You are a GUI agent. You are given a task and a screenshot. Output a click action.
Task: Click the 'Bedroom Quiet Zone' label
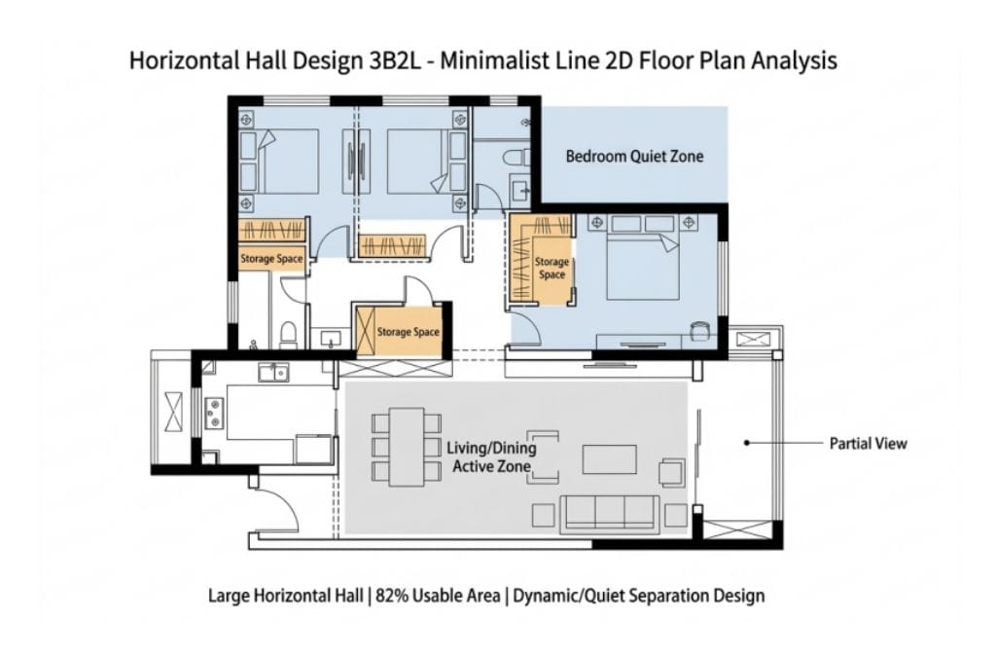click(634, 157)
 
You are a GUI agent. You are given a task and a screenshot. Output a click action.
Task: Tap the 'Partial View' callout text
click(868, 444)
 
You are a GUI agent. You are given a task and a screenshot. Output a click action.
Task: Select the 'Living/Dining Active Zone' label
click(491, 456)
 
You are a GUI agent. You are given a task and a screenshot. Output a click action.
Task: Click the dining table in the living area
click(407, 447)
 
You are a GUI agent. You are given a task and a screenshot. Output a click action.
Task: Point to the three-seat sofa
click(610, 514)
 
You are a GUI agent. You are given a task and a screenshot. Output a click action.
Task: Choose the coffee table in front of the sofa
click(609, 458)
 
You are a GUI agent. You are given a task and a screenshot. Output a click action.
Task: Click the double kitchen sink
click(273, 373)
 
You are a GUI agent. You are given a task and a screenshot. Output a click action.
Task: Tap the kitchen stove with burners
click(213, 413)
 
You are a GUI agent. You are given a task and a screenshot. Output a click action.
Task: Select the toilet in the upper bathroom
click(516, 157)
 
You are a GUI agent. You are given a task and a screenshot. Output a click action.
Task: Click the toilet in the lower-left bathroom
click(288, 336)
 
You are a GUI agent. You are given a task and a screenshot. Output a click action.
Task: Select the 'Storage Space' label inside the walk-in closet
click(551, 268)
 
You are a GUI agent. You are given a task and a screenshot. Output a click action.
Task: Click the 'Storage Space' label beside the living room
click(408, 332)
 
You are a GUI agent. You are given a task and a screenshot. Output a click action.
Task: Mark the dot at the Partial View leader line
click(747, 442)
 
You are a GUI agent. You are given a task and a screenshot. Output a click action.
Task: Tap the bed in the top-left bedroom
click(279, 162)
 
